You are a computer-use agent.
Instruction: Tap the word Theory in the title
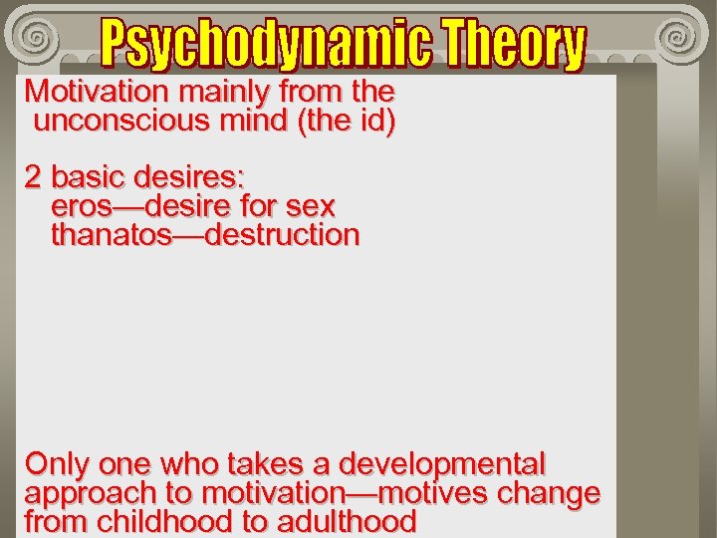pos(514,45)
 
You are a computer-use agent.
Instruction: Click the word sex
pos(309,207)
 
